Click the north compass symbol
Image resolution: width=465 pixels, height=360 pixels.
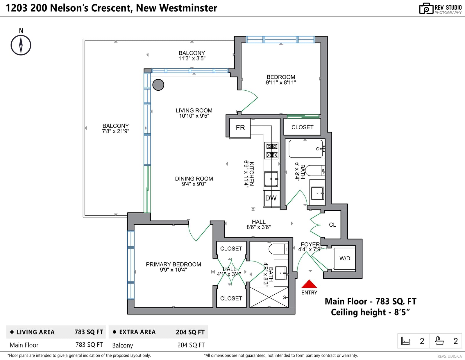[x=21, y=45]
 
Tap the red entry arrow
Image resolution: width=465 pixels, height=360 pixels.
[x=309, y=284]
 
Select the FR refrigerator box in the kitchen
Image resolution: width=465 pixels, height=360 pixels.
[x=240, y=128]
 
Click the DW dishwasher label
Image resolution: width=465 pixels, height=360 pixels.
[x=271, y=198]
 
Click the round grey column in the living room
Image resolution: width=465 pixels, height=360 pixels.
[x=158, y=85]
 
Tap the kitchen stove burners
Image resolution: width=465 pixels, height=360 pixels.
[x=271, y=151]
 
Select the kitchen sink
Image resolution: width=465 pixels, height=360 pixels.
[x=271, y=179]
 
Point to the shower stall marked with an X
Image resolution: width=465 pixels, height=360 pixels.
[x=269, y=297]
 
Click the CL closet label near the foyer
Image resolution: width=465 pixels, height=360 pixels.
[x=332, y=225]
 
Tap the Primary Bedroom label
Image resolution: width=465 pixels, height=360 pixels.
[x=173, y=264]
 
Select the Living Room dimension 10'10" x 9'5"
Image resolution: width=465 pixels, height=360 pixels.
[x=194, y=116]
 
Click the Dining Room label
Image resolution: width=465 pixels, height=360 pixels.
[x=194, y=179]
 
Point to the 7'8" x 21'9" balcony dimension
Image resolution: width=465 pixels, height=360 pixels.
[x=116, y=131]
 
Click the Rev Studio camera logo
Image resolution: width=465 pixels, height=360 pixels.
[x=426, y=8]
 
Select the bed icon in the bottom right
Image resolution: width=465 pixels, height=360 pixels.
[x=405, y=341]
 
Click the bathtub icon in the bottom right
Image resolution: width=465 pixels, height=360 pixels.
[x=439, y=341]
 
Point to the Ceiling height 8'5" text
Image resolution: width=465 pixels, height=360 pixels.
[x=370, y=312]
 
